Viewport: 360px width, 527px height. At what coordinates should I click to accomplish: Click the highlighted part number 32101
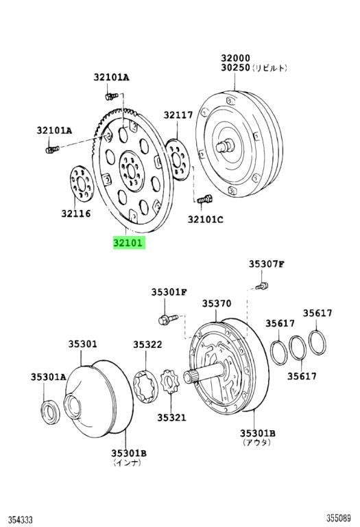129,243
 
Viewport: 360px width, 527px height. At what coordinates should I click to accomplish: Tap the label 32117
178,115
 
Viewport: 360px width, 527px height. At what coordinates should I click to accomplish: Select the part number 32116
76,213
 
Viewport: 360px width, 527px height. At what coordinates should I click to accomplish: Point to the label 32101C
205,220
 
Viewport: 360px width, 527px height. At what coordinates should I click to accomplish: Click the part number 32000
235,58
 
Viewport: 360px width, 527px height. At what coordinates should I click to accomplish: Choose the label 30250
235,67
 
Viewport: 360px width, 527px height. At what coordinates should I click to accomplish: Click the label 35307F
267,264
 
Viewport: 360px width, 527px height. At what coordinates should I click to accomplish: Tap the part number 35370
217,303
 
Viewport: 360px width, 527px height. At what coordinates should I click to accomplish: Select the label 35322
147,344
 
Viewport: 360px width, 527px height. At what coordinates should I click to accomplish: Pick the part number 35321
171,417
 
